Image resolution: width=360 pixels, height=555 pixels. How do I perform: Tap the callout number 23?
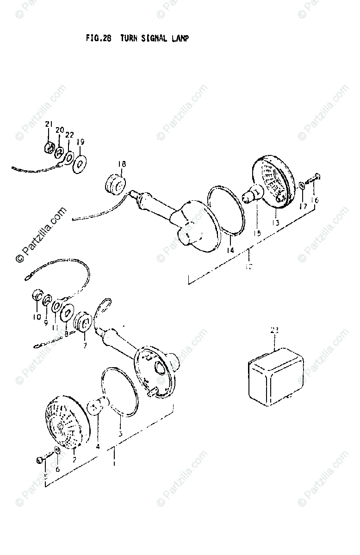[275, 330]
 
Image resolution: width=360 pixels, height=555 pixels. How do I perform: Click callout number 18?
[121, 164]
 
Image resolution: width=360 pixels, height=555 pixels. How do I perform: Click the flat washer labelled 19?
[81, 163]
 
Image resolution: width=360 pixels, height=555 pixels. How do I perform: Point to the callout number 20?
[59, 130]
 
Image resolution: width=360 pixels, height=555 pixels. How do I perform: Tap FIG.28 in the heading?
[99, 38]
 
